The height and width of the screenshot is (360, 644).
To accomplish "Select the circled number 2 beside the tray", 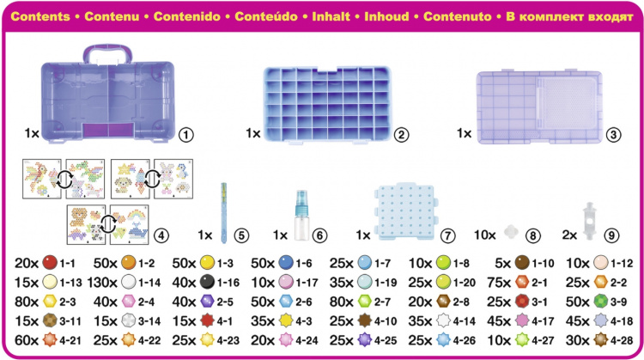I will click(x=400, y=134).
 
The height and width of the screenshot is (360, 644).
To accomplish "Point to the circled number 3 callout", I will click(x=614, y=134).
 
